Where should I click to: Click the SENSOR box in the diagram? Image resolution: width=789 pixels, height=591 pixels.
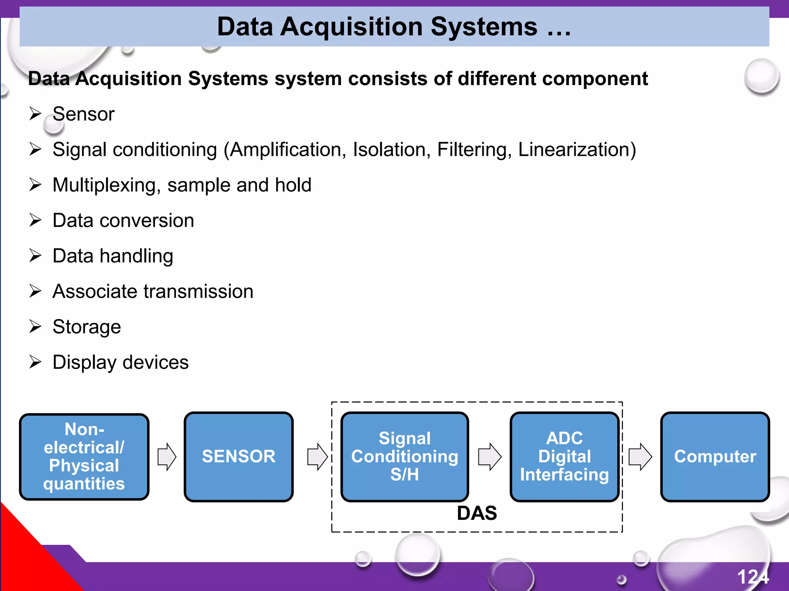tap(238, 457)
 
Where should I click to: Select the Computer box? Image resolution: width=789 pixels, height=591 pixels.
tap(715, 457)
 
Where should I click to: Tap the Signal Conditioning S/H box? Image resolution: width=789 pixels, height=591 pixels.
tap(405, 457)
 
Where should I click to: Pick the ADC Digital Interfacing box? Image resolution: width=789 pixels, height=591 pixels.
tap(564, 457)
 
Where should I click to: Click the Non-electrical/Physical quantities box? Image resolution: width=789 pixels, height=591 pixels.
tap(84, 457)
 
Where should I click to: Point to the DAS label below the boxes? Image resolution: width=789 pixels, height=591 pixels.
tap(477, 513)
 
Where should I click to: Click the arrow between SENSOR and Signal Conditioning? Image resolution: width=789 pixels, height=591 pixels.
tap(317, 457)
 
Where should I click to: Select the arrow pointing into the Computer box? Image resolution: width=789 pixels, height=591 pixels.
tap(640, 457)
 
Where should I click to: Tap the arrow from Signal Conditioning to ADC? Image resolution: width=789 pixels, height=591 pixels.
tap(490, 457)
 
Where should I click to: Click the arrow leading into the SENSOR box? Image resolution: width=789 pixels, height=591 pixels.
tap(167, 457)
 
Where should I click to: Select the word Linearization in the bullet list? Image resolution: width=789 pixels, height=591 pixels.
tap(577, 150)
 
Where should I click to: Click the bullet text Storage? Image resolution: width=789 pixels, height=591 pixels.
tap(87, 327)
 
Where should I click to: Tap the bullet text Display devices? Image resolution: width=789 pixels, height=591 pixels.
tap(121, 362)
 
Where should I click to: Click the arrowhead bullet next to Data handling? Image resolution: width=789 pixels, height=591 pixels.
tap(35, 255)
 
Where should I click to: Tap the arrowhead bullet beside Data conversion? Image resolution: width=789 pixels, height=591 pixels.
tap(35, 220)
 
